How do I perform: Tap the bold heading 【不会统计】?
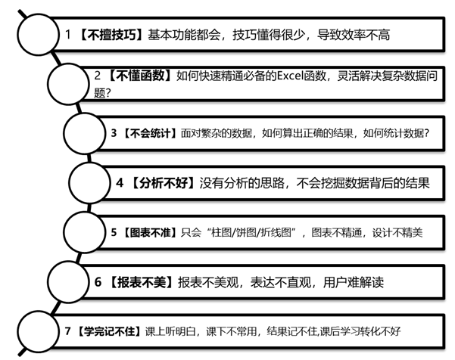tap(150, 133)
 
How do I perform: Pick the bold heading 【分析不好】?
tap(163, 183)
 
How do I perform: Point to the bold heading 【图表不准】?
tap(150, 232)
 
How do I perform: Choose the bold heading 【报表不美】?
tap(142, 282)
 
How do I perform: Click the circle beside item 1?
tap(38, 35)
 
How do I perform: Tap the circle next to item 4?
tap(89, 183)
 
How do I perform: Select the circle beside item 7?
tap(38, 331)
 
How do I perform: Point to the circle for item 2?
tap(68, 84)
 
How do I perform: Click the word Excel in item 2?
tap(290, 76)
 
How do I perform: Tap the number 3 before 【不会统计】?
tap(114, 133)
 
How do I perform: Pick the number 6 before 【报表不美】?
tap(98, 282)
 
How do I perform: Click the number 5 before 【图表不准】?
tap(114, 232)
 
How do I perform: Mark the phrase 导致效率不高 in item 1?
tap(353, 35)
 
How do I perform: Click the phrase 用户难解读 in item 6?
tap(353, 282)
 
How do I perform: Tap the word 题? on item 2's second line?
tap(102, 93)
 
